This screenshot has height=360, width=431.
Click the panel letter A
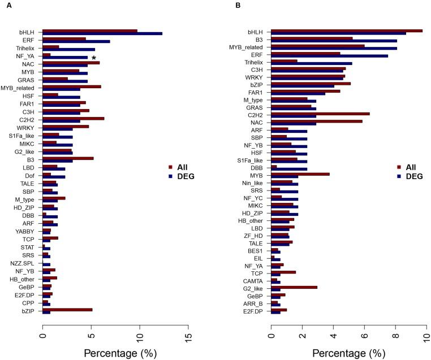point(8,5)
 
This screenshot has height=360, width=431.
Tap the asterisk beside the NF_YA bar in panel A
point(94,58)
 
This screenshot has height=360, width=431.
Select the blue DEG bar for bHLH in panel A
point(102,34)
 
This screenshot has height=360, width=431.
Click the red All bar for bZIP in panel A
point(67,310)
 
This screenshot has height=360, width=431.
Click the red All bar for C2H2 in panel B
point(321,114)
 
